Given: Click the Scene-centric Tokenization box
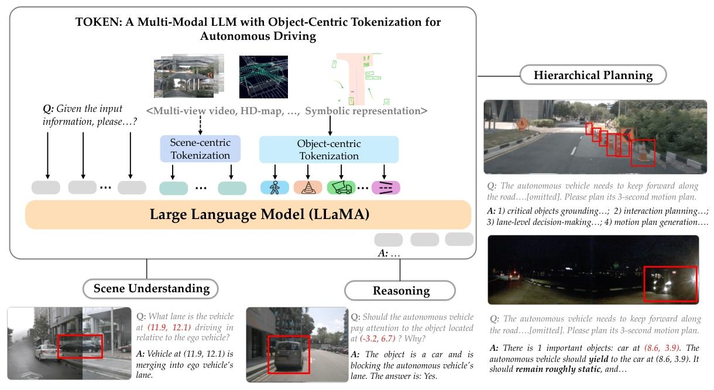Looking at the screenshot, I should tap(200, 149).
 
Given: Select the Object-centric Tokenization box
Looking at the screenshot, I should tap(328, 149).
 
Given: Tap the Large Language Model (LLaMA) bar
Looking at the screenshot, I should tap(248, 215).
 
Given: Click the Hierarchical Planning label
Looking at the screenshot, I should tap(593, 75).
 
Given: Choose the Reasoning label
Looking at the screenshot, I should tap(401, 290).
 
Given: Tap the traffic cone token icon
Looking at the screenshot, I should tap(308, 187).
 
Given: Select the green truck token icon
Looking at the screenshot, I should tap(341, 187).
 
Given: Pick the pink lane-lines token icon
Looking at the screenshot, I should tap(385, 187).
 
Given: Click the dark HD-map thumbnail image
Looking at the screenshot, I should tap(263, 76).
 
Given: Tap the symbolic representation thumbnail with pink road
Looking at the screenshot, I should tap(358, 79).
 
